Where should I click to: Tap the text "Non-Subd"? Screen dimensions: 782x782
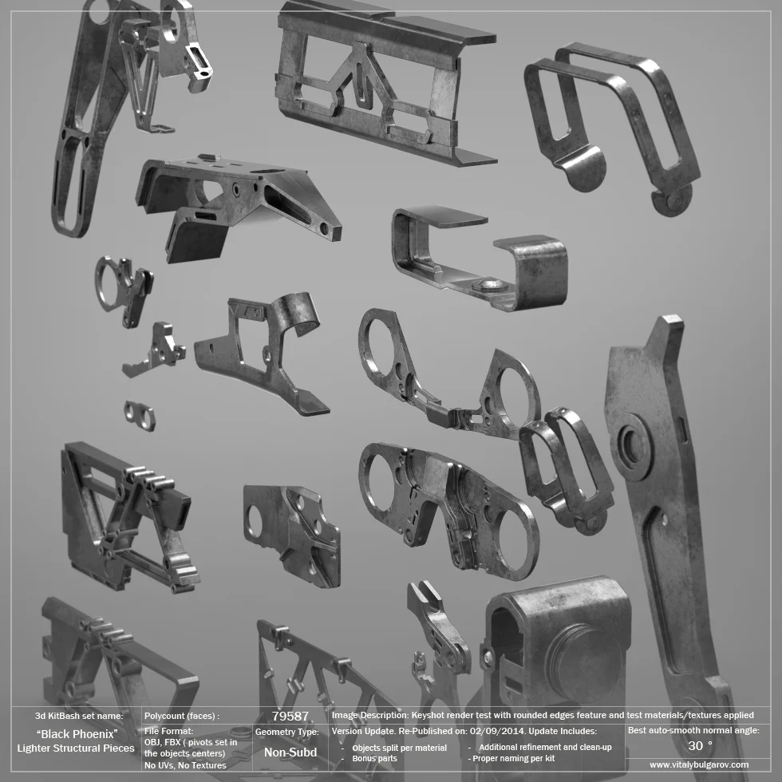[290, 752]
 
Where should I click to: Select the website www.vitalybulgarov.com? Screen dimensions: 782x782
[699, 764]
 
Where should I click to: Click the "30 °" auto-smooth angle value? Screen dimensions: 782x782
[699, 745]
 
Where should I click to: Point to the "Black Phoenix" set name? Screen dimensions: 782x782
[77, 733]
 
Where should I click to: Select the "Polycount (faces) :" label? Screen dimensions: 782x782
[182, 716]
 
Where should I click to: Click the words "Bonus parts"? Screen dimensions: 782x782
[374, 758]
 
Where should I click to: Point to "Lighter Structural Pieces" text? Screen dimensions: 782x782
[76, 748]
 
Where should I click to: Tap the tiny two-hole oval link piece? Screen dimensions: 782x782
[140, 416]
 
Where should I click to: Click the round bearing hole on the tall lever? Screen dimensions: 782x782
[634, 446]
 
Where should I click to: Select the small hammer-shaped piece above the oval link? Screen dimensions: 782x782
[157, 349]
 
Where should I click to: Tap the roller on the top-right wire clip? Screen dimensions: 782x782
[672, 200]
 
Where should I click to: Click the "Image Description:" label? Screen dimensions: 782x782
[369, 716]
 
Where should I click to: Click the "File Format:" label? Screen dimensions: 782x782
[168, 730]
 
